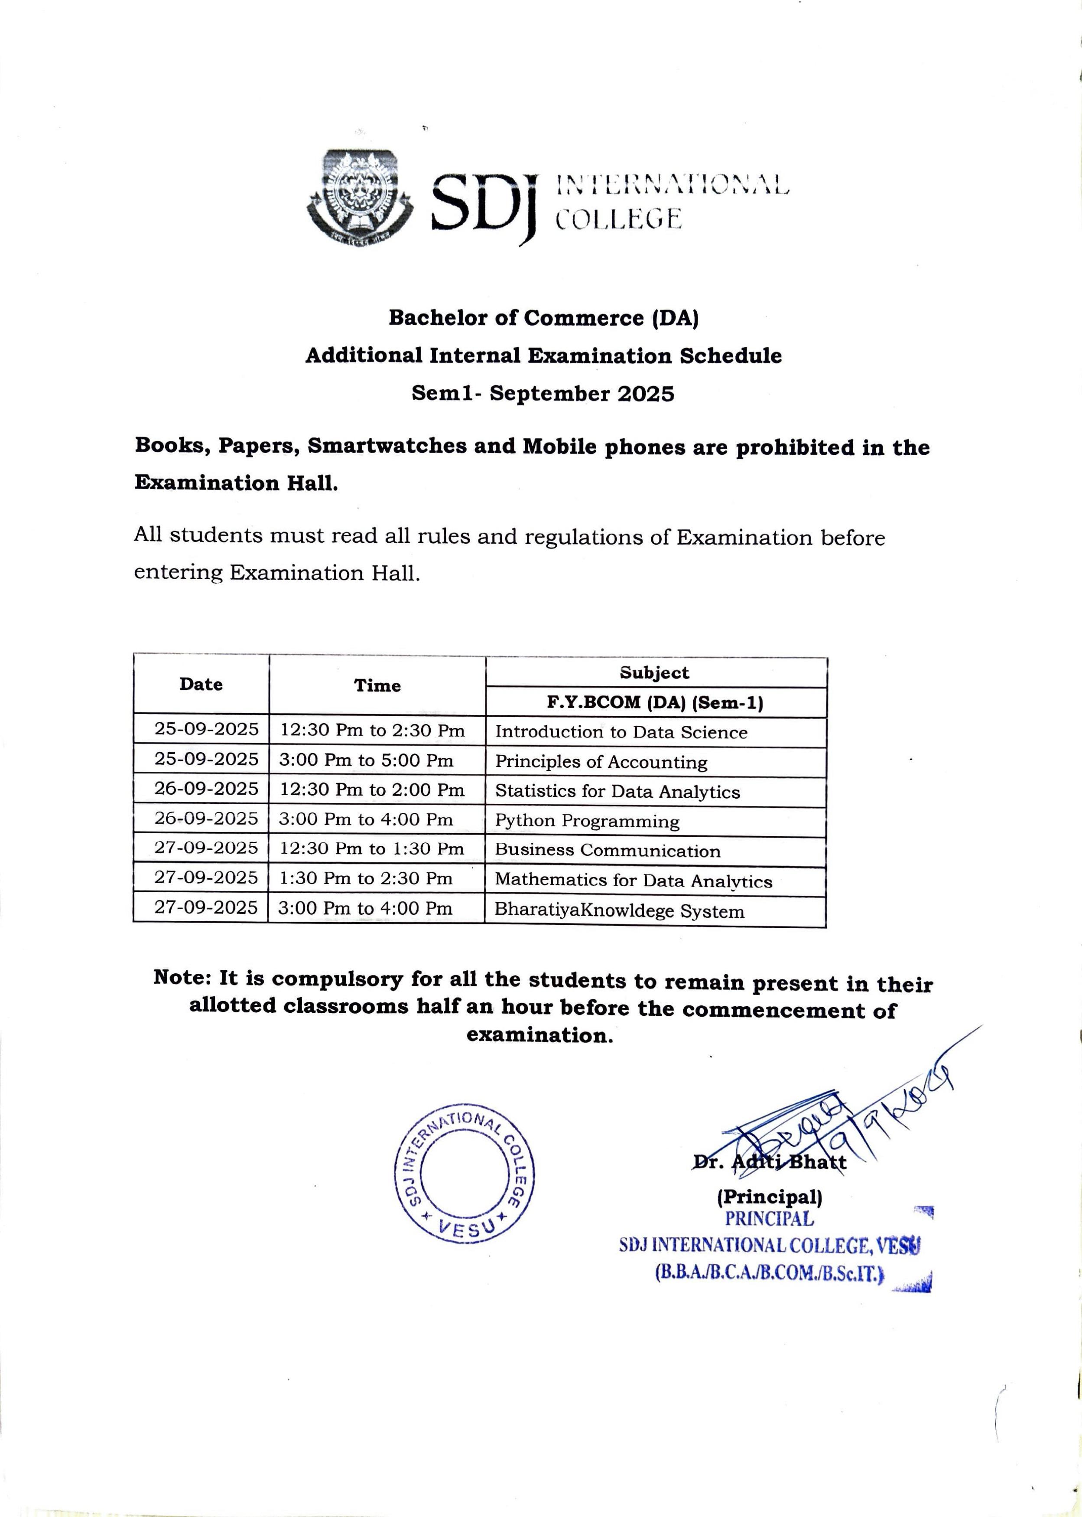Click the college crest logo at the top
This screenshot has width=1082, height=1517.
coord(360,197)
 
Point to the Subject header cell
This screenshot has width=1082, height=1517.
coord(654,672)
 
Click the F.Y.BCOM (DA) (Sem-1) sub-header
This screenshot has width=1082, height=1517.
coord(655,702)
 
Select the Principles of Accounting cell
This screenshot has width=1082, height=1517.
coord(601,761)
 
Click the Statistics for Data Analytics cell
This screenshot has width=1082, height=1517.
coord(617,791)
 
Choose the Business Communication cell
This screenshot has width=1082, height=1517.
coord(608,851)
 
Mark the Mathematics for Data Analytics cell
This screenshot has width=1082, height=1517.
coord(633,881)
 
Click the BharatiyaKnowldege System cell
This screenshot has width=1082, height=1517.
coord(619,910)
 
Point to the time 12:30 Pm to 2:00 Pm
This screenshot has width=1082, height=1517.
coord(372,790)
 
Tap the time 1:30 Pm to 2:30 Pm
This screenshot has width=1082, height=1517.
coord(366,878)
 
